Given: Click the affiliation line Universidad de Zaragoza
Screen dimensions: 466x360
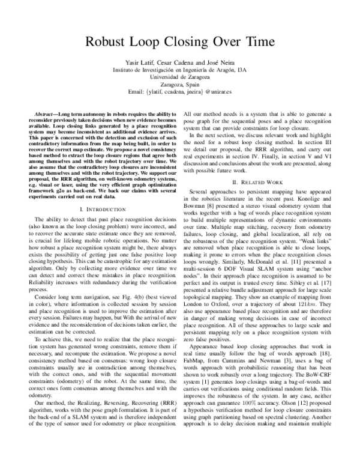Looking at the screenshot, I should [180, 78].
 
